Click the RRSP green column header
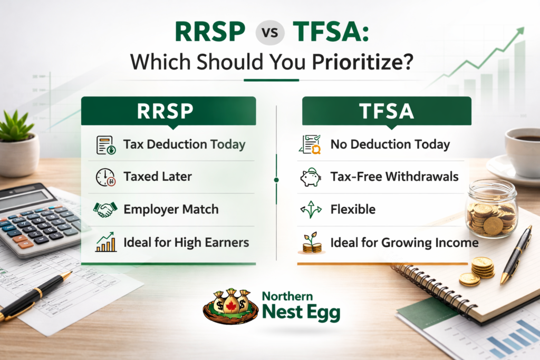168,111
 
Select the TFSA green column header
387,111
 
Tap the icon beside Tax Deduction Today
105,144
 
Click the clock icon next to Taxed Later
105,177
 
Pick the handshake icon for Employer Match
105,209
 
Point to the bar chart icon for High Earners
105,242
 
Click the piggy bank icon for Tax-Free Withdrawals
311,177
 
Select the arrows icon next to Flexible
311,210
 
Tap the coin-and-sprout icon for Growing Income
311,242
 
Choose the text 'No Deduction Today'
390,144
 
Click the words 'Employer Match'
171,209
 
